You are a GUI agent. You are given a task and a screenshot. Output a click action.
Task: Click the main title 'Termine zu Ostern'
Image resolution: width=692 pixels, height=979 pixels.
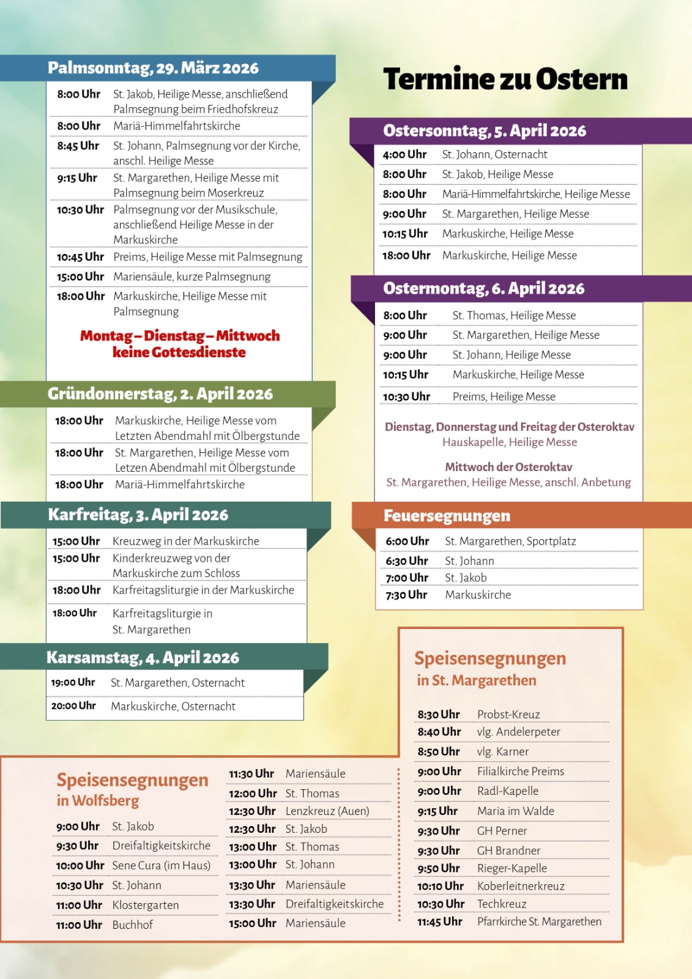click(505, 80)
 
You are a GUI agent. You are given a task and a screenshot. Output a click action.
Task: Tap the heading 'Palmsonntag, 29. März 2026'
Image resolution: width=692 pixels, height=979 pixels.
click(153, 68)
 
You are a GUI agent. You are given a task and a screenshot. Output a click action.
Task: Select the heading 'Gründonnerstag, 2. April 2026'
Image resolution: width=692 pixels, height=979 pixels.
click(160, 394)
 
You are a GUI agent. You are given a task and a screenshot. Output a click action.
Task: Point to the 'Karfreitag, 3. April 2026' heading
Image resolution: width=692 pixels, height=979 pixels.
click(138, 515)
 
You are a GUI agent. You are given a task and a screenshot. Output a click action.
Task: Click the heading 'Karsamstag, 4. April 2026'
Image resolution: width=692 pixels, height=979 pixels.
click(143, 658)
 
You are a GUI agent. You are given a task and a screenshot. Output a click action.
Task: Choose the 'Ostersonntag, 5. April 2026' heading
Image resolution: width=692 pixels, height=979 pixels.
click(485, 131)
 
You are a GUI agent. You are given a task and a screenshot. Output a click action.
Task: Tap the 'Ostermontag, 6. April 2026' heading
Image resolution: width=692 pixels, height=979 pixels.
click(483, 289)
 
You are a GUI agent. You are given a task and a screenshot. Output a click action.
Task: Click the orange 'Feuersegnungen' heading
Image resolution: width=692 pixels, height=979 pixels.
click(447, 516)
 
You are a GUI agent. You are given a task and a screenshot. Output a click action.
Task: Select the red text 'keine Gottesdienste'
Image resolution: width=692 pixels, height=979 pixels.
click(179, 352)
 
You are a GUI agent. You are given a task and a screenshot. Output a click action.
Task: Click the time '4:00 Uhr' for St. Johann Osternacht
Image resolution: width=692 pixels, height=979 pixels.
click(404, 155)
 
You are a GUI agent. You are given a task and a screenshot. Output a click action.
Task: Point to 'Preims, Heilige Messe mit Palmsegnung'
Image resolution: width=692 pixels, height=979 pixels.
click(207, 257)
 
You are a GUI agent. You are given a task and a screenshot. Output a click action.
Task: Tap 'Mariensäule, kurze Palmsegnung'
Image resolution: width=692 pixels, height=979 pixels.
click(192, 277)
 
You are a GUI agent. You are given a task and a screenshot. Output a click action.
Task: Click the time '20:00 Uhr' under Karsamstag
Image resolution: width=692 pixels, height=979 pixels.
click(73, 706)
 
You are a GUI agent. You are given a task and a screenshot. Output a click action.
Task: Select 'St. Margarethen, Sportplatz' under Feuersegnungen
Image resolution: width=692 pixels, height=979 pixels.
click(510, 542)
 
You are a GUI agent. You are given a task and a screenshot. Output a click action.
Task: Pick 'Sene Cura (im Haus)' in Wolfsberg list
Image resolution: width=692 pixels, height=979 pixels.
click(161, 866)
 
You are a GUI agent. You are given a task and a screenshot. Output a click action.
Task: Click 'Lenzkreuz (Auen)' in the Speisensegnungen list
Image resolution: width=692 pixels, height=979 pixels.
click(327, 811)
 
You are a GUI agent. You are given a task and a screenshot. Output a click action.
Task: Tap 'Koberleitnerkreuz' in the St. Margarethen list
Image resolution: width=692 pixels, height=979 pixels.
click(521, 886)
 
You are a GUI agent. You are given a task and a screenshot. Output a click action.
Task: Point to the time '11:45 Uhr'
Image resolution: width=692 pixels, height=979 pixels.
click(439, 921)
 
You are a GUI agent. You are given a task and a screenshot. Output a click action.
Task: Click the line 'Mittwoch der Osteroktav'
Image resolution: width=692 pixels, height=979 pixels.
click(508, 467)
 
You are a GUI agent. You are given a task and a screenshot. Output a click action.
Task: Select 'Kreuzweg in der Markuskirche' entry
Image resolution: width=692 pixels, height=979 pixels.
click(185, 542)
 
